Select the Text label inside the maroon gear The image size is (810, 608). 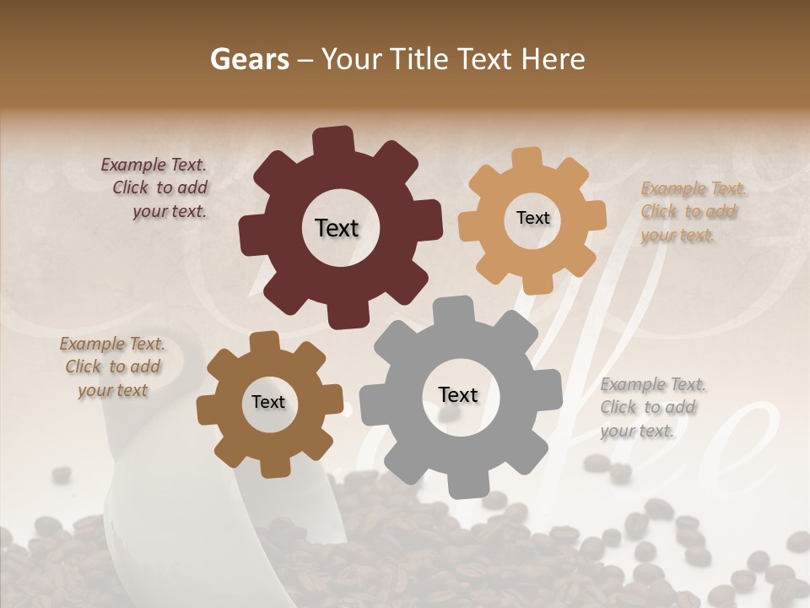click(x=337, y=228)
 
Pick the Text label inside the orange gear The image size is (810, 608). click(x=532, y=218)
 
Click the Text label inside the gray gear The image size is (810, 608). click(x=458, y=394)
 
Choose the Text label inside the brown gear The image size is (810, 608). click(x=268, y=402)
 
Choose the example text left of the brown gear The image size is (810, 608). click(x=112, y=366)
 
